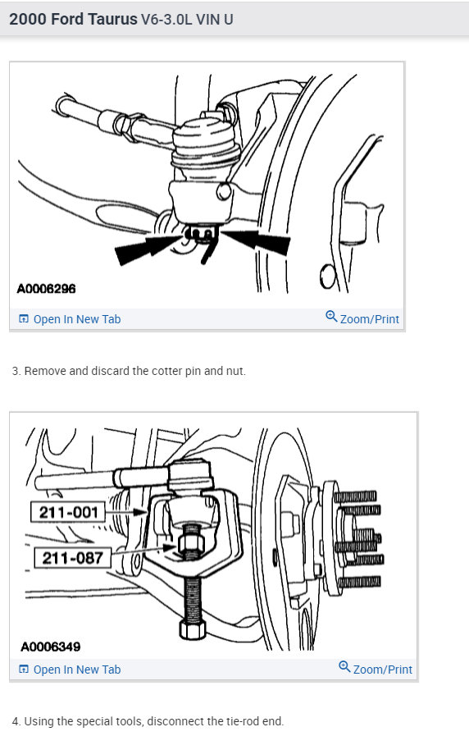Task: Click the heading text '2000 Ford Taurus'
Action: pyautogui.click(x=73, y=19)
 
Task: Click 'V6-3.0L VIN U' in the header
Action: pyautogui.click(x=187, y=19)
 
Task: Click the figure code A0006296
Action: pyautogui.click(x=48, y=290)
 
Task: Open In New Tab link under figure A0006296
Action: pyautogui.click(x=76, y=319)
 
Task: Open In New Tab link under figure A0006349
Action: pyautogui.click(x=76, y=670)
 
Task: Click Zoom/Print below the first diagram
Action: pyautogui.click(x=369, y=319)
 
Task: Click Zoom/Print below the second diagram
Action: pyautogui.click(x=382, y=670)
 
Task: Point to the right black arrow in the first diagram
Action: pyautogui.click(x=258, y=241)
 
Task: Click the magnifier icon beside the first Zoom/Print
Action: pyautogui.click(x=331, y=317)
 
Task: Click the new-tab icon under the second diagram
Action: pyautogui.click(x=23, y=670)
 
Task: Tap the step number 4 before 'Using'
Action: pyautogui.click(x=16, y=721)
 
